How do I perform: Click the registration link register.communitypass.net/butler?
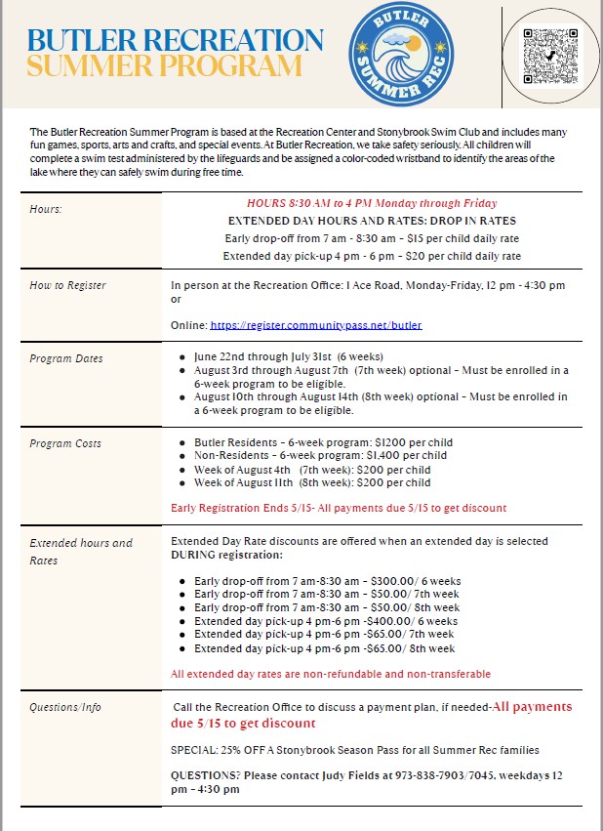(x=316, y=324)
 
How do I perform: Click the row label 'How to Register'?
(x=67, y=285)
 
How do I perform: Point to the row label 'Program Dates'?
(x=65, y=358)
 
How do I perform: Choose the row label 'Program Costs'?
(x=65, y=443)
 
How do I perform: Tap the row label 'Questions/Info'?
(x=65, y=707)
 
